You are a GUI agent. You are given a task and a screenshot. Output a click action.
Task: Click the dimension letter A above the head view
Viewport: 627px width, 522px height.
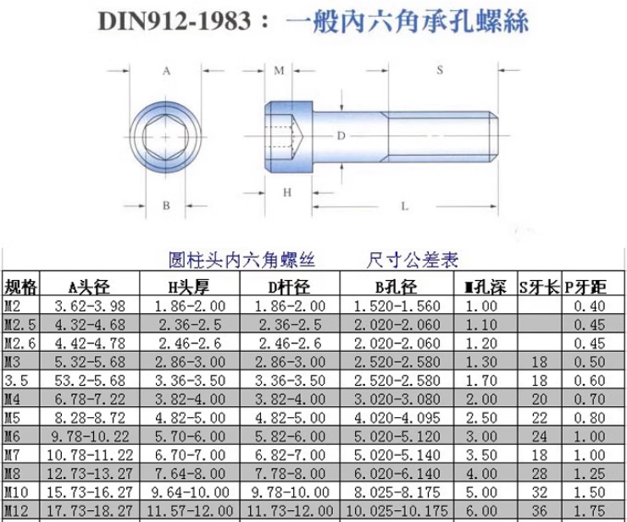point(166,72)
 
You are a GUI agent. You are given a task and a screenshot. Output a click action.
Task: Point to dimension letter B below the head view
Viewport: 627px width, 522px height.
point(167,205)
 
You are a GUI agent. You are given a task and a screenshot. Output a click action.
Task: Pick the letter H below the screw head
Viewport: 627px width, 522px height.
point(287,193)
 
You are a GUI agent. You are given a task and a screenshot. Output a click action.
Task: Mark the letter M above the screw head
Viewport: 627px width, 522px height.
point(279,72)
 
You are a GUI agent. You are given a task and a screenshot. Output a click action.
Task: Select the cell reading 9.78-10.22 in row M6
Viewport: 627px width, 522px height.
point(90,436)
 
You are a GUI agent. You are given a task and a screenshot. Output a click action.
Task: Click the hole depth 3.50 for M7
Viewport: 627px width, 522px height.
point(486,454)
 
